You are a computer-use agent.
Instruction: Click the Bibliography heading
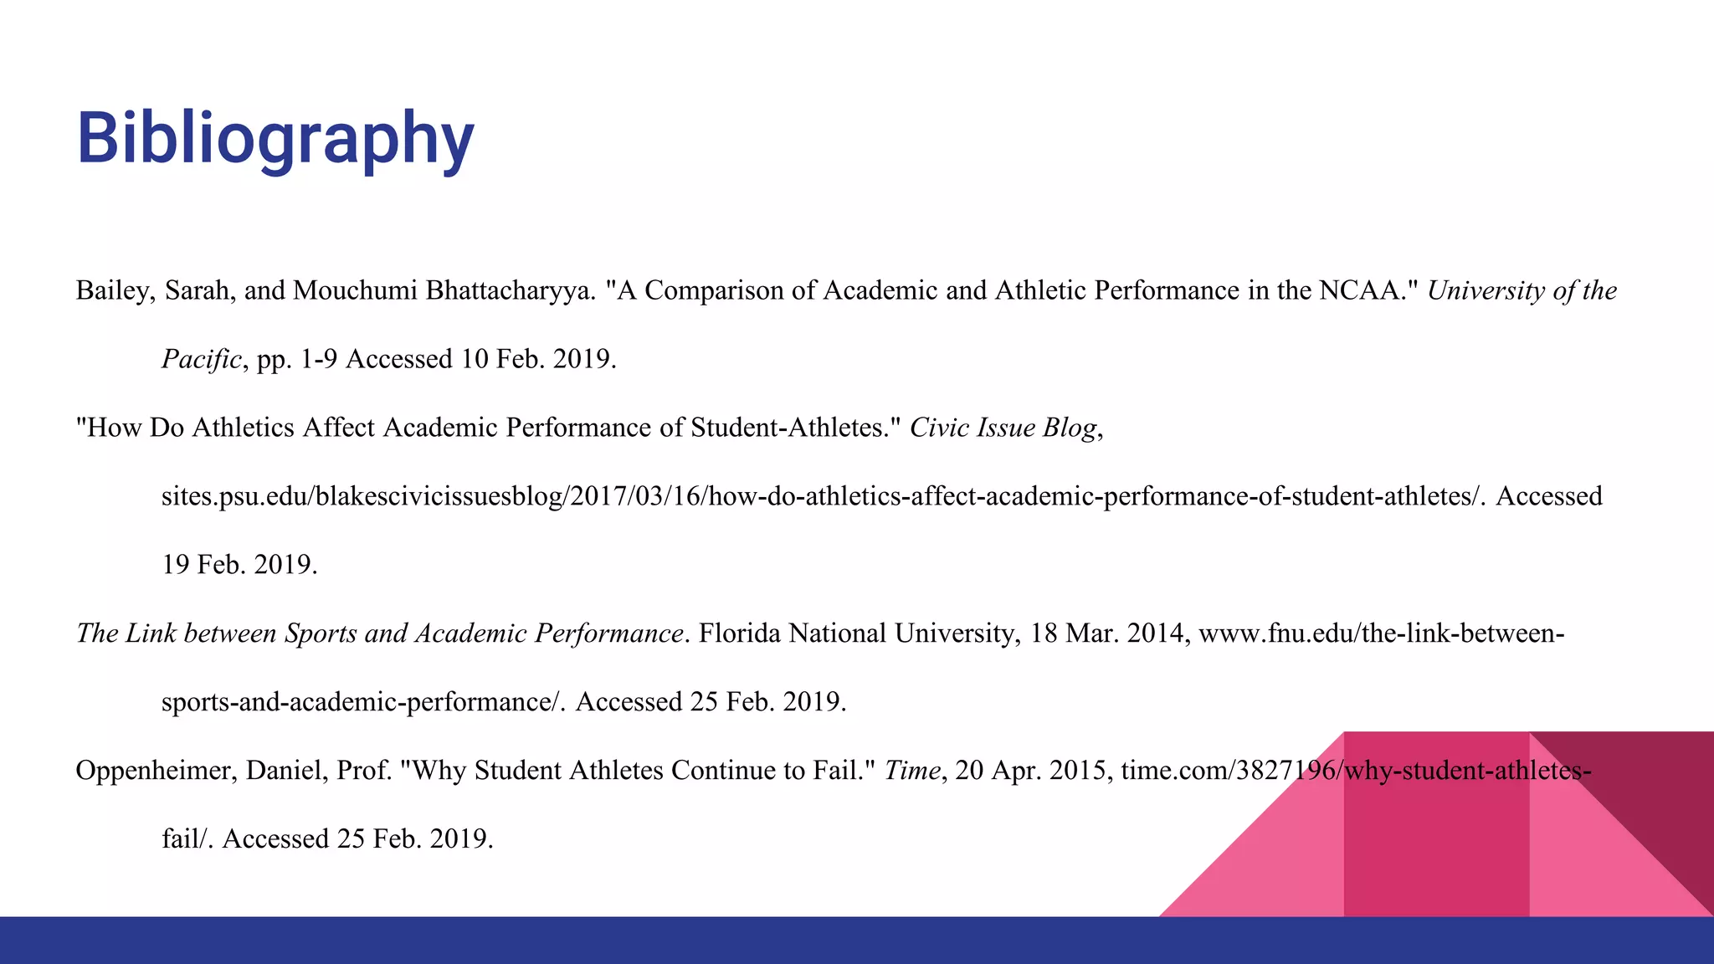coord(275,139)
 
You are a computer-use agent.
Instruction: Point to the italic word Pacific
coord(202,360)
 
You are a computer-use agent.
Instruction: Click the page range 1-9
coord(319,360)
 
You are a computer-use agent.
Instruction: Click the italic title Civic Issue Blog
coord(1003,428)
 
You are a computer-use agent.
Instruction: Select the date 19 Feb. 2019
coord(239,566)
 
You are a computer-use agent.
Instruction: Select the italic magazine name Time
coord(912,771)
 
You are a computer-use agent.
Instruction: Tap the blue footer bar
coord(857,941)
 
